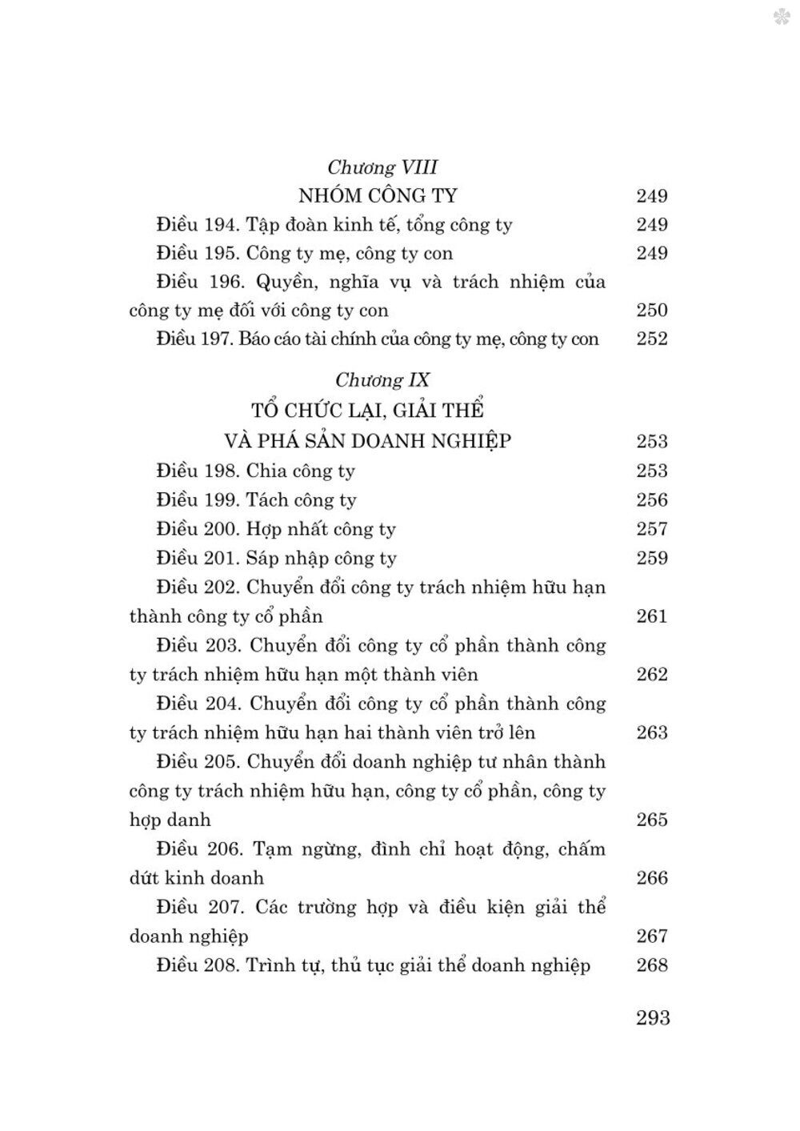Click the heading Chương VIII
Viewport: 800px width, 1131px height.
[x=382, y=167]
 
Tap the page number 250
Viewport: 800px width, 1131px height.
[x=652, y=311]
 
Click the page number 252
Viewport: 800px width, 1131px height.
[x=652, y=339]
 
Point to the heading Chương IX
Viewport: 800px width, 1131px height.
[x=382, y=379]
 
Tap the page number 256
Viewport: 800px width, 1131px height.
[x=652, y=500]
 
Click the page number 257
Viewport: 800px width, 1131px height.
[x=652, y=529]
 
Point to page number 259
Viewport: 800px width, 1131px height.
[x=652, y=558]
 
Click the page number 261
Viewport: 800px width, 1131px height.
[x=652, y=616]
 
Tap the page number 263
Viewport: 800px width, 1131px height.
[x=652, y=732]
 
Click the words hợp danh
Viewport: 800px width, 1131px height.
[x=170, y=820]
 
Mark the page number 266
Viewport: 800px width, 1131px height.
[x=652, y=878]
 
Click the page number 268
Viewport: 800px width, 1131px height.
[x=652, y=965]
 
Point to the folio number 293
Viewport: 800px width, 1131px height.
[x=653, y=1017]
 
